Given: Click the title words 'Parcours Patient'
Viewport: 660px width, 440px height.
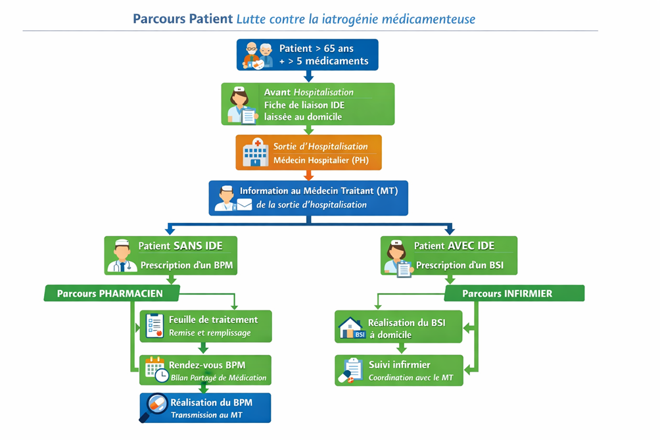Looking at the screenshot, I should [182, 18].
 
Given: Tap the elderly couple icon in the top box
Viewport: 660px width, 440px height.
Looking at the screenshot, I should [258, 55].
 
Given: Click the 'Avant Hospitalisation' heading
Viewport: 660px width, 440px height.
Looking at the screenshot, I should [309, 92].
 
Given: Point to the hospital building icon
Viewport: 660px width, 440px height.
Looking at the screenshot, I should [255, 153].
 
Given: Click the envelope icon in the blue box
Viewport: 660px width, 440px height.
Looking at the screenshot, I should [245, 205].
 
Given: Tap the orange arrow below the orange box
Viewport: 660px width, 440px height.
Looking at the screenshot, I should [308, 174].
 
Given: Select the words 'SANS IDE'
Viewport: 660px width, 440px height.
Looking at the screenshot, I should [198, 246].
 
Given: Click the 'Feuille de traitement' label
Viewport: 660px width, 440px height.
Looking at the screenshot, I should [213, 320].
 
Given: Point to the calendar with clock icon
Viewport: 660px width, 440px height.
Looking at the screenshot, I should [156, 369].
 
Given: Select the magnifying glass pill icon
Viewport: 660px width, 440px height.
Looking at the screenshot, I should [155, 407].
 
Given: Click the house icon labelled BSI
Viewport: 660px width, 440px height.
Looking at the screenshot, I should [351, 327].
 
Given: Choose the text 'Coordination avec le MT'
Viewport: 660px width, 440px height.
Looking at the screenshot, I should [410, 378].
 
